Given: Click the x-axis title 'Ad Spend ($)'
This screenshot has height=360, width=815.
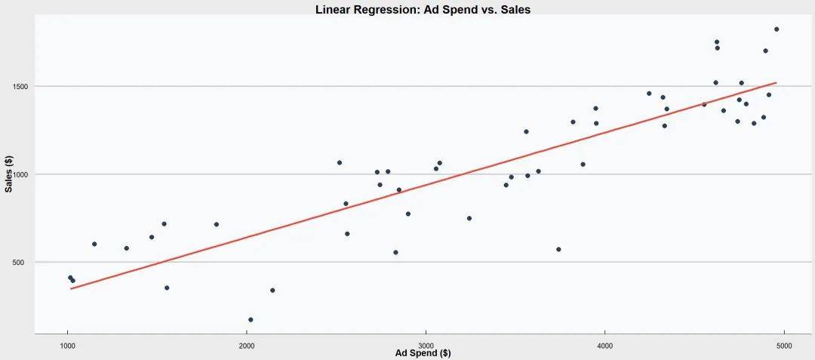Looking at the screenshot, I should (423, 352).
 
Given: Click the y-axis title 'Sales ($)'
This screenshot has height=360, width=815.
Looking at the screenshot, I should (9, 174).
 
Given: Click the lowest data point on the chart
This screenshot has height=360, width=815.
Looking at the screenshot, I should (251, 320).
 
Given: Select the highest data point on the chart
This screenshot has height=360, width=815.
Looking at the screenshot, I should (777, 29).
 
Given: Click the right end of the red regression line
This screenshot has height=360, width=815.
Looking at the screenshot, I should (776, 83).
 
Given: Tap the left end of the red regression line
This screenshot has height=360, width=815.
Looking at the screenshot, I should (71, 288).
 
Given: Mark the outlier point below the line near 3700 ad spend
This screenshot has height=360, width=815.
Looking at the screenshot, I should (558, 249).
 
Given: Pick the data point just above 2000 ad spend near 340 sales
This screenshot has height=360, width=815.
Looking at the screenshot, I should (272, 290).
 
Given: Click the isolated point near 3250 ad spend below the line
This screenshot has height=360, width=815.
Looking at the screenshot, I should (469, 218).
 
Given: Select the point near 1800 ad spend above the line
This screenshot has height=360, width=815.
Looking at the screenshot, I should (216, 224).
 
